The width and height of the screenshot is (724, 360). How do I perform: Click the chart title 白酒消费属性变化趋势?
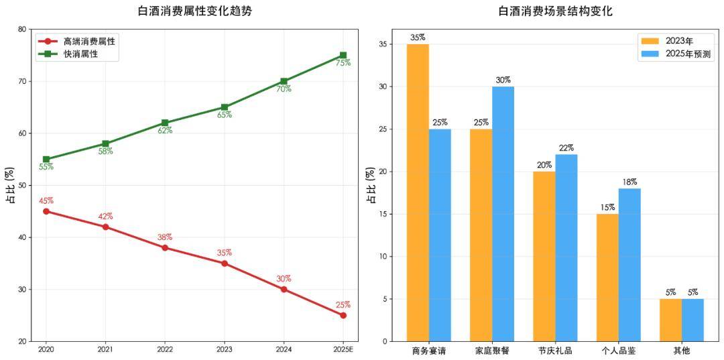pyautogui.click(x=195, y=11)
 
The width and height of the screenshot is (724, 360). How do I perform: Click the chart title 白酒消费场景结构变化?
pyautogui.click(x=555, y=11)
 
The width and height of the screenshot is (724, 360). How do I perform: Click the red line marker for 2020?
pyautogui.click(x=46, y=211)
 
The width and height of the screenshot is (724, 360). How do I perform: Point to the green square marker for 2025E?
pyautogui.click(x=343, y=56)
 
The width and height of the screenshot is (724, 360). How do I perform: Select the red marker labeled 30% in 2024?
pyautogui.click(x=284, y=289)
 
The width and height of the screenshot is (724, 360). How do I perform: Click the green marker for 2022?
pyautogui.click(x=165, y=123)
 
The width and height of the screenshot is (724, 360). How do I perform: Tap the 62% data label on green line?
pyautogui.click(x=165, y=131)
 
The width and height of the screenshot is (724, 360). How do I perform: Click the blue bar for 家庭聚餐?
pyautogui.click(x=503, y=214)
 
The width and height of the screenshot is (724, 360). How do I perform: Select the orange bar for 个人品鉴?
pyautogui.click(x=607, y=278)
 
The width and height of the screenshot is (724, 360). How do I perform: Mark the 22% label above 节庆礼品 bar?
pyautogui.click(x=566, y=148)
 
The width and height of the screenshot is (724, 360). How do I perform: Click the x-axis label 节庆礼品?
pyautogui.click(x=555, y=351)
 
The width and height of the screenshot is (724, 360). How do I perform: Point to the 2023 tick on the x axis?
pyautogui.click(x=225, y=349)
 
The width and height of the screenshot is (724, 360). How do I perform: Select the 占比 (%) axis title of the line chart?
pyautogui.click(x=11, y=185)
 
